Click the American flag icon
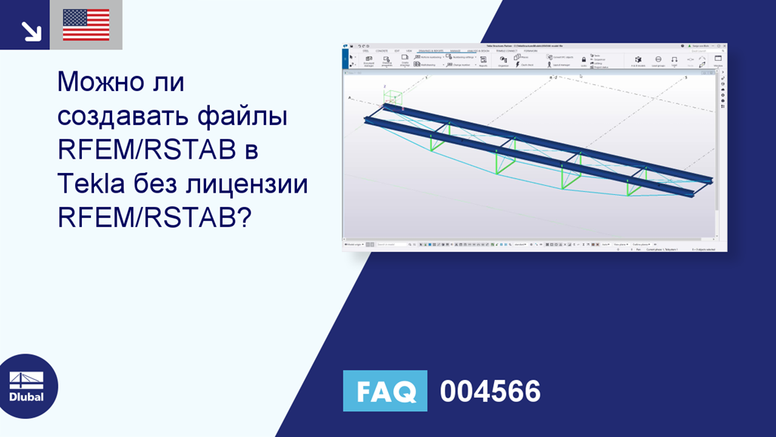coord(86,24)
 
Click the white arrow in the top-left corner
coord(31,30)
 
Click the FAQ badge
coord(384,391)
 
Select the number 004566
coord(490,391)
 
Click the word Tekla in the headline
coord(90,184)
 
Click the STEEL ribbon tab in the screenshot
coord(365,50)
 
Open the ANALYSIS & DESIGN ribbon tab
coord(478,50)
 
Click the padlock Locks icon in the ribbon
coord(584,59)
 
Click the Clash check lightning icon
coord(518,64)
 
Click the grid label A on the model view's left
coord(349,98)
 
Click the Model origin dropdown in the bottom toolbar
coord(354,244)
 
